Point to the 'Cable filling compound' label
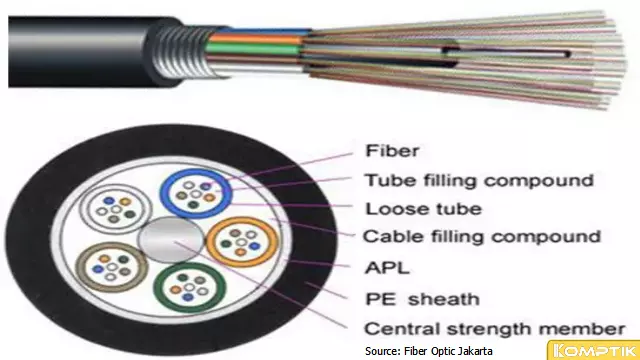pyautogui.click(x=481, y=237)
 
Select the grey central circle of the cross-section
pyautogui.click(x=162, y=243)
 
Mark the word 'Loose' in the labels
pyautogui.click(x=386, y=209)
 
